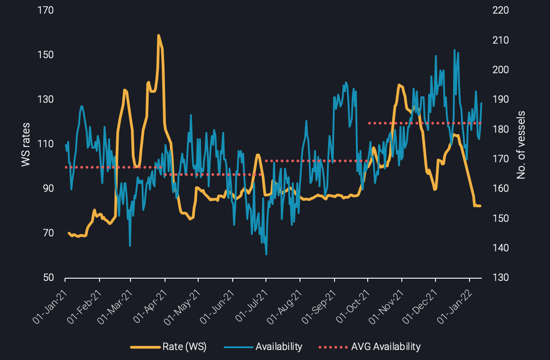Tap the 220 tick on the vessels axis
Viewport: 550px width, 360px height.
pyautogui.click(x=500, y=10)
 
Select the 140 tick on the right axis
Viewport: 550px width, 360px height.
pyautogui.click(x=500, y=248)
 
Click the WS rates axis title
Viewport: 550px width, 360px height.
pyautogui.click(x=26, y=144)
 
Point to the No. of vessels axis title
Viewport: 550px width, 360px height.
pyautogui.click(x=521, y=145)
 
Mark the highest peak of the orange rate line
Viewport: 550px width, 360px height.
pyautogui.click(x=158, y=35)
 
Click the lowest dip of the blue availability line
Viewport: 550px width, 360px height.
pyautogui.click(x=266, y=254)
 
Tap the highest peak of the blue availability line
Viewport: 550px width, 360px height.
pyautogui.click(x=455, y=50)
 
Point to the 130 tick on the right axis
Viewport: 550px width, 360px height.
pyautogui.click(x=500, y=278)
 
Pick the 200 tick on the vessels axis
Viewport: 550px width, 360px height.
pyautogui.click(x=500, y=70)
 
